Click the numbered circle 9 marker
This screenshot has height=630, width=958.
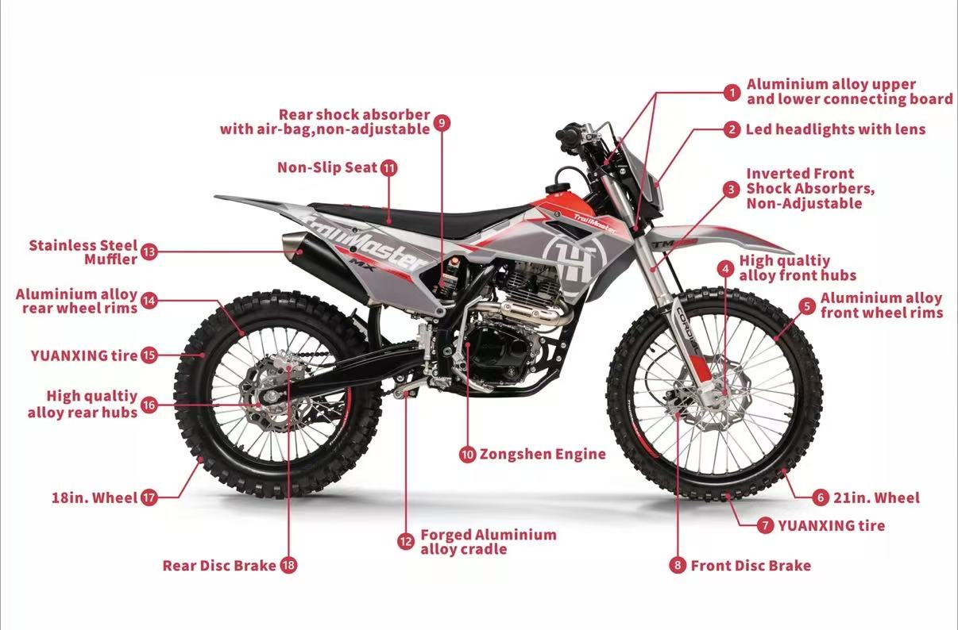pos(442,122)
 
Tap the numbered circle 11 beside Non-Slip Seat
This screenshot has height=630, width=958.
pos(388,168)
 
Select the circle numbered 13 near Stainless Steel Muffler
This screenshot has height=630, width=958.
pos(149,252)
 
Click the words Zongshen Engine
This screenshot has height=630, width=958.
pos(543,455)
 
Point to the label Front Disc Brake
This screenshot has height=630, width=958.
pos(751,565)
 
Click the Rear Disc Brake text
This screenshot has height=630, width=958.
pos(219,566)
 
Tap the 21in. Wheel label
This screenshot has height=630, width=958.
pos(876,497)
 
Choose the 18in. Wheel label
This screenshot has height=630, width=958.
pos(95,498)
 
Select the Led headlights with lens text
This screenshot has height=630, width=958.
pos(835,129)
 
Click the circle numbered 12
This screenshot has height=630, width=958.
pos(406,541)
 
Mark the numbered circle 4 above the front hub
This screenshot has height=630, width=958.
pos(724,268)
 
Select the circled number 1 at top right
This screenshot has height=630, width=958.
pos(732,92)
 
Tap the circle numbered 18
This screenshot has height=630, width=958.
pos(288,566)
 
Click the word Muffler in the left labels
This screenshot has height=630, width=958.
pos(110,260)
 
